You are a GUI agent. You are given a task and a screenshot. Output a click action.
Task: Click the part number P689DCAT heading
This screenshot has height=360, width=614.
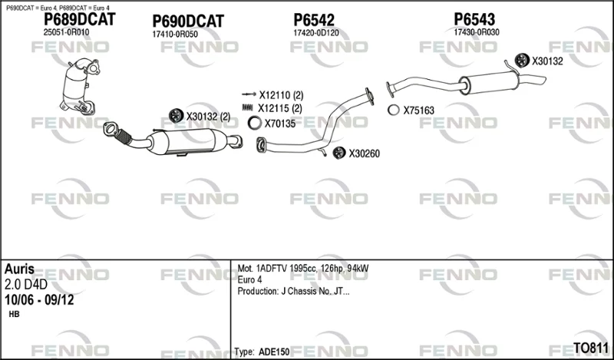pyautogui.click(x=80, y=19)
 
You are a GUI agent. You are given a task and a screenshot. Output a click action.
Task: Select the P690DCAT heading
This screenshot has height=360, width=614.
pyautogui.click(x=188, y=21)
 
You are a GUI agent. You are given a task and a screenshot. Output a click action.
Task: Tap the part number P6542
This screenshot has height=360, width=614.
pyautogui.click(x=314, y=20)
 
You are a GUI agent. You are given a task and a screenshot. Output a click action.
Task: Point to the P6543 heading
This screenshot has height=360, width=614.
pyautogui.click(x=474, y=18)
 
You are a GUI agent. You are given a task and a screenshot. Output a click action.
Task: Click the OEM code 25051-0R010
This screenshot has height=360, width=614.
pyautogui.click(x=66, y=32)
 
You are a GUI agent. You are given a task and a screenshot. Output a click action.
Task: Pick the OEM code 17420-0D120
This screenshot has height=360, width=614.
pyautogui.click(x=316, y=33)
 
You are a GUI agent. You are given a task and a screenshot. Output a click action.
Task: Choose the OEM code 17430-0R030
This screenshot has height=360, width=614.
pyautogui.click(x=477, y=32)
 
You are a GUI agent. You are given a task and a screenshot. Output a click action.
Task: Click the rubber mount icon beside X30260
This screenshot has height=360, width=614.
pyautogui.click(x=339, y=153)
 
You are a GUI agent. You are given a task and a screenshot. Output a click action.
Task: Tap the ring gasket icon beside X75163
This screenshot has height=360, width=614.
pyautogui.click(x=394, y=110)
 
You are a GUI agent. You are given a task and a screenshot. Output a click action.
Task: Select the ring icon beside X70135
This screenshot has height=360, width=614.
pyautogui.click(x=255, y=123)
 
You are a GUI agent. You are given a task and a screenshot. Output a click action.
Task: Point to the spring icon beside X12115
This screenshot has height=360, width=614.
pyautogui.click(x=248, y=107)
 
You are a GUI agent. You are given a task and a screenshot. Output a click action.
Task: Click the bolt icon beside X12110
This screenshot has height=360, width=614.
pyautogui.click(x=249, y=94)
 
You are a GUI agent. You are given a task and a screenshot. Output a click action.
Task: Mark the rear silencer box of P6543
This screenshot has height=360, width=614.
pyautogui.click(x=490, y=82)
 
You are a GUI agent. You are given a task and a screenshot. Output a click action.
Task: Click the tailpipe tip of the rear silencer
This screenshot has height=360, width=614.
pyautogui.click(x=542, y=80)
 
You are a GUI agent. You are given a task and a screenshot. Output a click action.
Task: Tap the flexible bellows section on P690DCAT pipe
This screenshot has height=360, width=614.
pyautogui.click(x=124, y=137)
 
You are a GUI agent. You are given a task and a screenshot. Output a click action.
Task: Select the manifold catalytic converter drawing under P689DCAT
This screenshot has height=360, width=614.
pyautogui.click(x=79, y=86)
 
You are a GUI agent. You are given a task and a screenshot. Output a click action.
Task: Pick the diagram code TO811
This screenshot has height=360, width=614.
pyautogui.click(x=591, y=348)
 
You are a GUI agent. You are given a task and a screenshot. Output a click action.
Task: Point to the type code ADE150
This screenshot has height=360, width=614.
pyautogui.click(x=274, y=352)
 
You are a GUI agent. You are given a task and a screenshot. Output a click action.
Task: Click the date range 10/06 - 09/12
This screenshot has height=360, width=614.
pyautogui.click(x=39, y=300)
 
